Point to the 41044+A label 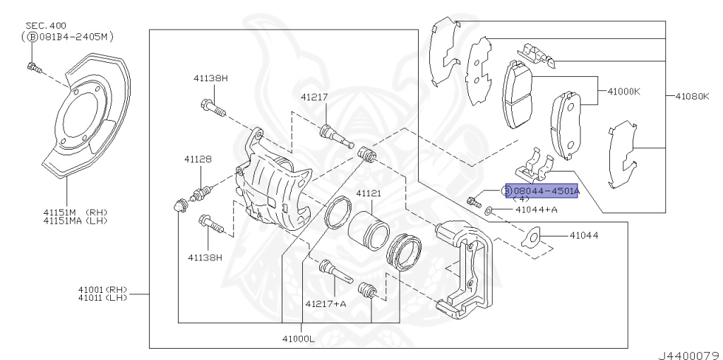click(x=536, y=210)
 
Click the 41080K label click(x=691, y=95)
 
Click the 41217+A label click(x=325, y=304)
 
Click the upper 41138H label click(x=212, y=78)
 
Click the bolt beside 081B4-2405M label click(x=32, y=67)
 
